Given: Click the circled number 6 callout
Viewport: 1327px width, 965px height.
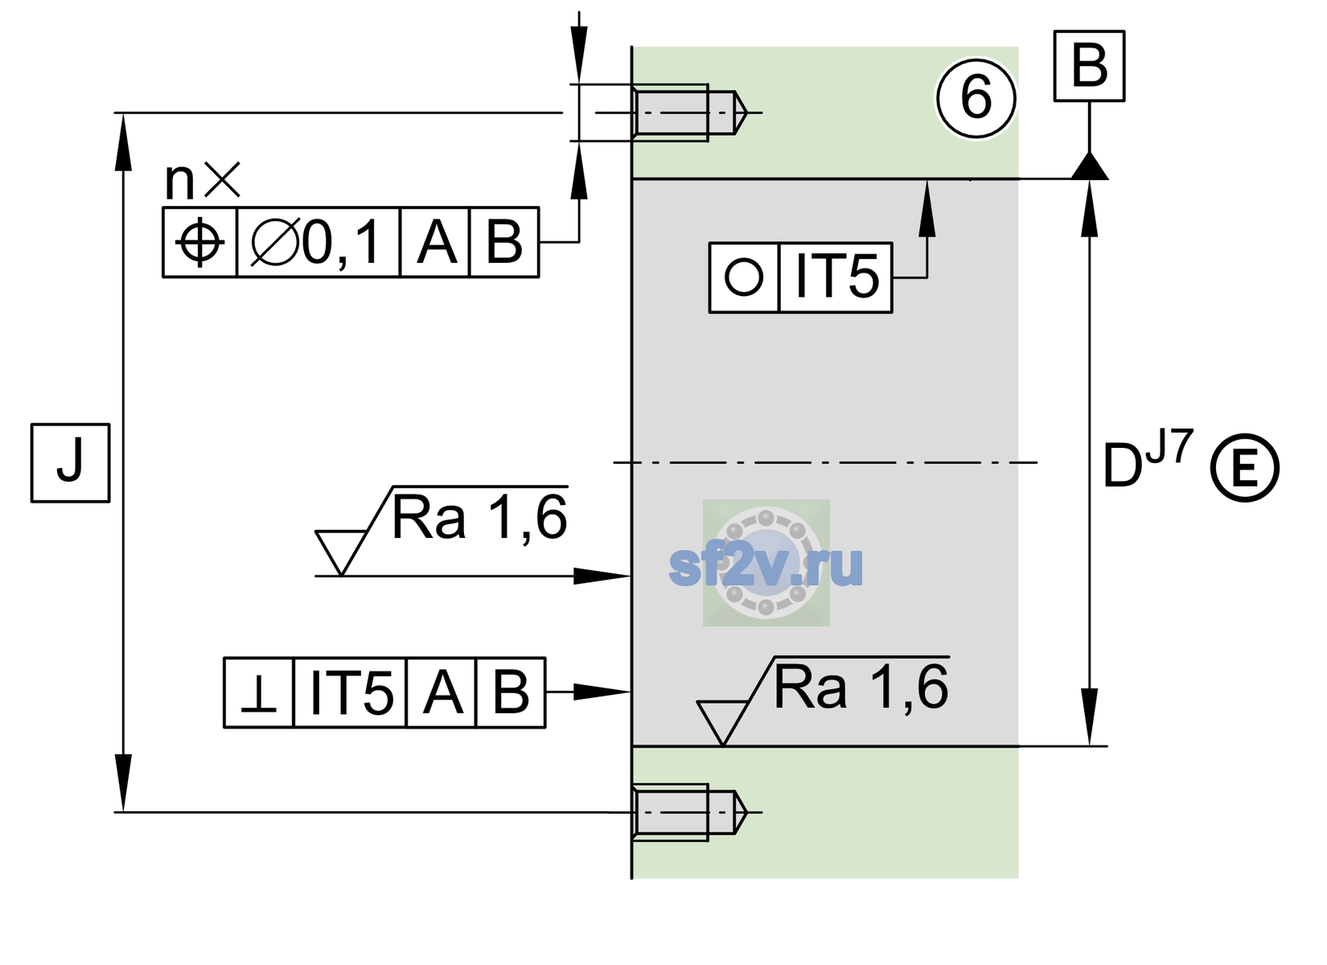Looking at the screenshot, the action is coord(976,98).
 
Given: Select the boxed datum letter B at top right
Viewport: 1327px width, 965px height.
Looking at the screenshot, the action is coord(1089,66).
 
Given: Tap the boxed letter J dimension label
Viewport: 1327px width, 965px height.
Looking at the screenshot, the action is coord(71,462).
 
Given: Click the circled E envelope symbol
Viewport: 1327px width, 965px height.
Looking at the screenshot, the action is coord(1245,468).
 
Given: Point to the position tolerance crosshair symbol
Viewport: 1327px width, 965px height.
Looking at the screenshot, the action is coord(199,242).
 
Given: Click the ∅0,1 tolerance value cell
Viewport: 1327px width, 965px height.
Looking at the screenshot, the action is coord(318,242).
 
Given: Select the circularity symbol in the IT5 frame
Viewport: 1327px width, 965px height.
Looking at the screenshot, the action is coord(744,277).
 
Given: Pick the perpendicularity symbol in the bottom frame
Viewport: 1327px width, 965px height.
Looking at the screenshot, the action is coord(259,692).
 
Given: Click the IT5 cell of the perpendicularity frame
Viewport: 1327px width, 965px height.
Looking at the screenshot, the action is coord(350,692).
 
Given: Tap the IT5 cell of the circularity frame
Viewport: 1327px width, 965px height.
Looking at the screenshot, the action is coord(836,277).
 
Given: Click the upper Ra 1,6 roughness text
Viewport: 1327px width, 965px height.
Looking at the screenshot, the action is coord(479,518).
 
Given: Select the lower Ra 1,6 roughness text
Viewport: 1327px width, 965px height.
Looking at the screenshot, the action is coord(861,688).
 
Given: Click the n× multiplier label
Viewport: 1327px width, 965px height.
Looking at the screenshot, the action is coord(203,180).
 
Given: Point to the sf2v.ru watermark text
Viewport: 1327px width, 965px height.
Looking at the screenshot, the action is coord(766,566).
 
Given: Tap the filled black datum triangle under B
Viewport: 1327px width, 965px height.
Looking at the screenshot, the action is coord(1089,166).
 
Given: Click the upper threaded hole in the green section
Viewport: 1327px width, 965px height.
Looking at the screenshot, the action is coord(690,113).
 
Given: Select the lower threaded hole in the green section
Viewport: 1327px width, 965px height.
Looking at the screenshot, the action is coord(690,812).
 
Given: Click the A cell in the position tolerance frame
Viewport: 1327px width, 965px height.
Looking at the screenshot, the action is coord(435,242).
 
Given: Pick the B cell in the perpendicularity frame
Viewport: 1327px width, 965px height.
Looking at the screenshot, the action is coord(511,692).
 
